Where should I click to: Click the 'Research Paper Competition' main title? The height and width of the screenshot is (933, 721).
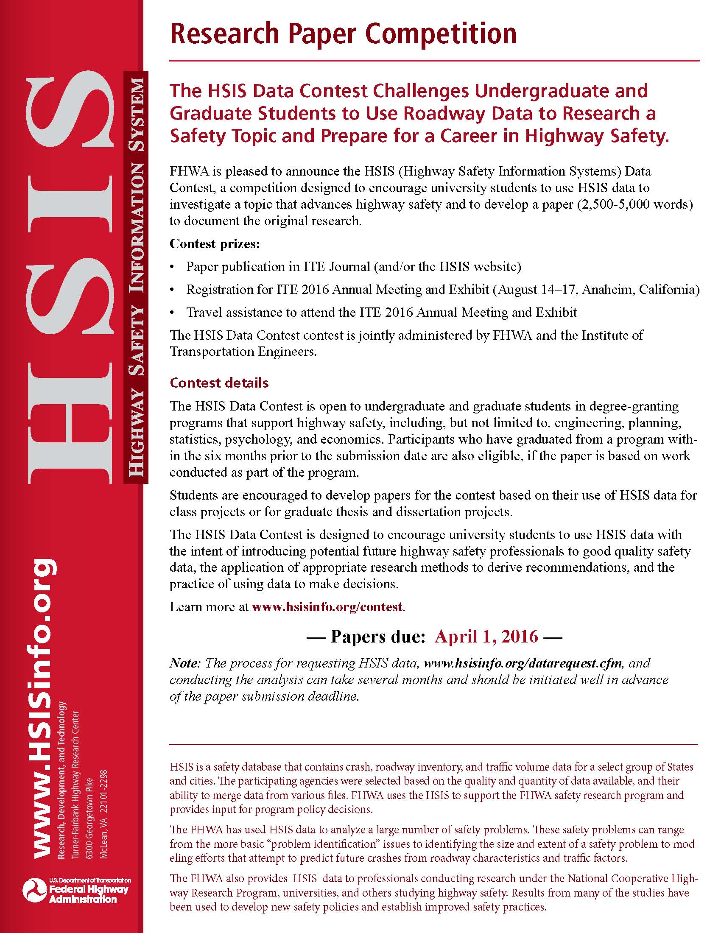pos(343,34)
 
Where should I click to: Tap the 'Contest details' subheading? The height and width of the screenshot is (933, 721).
pos(219,383)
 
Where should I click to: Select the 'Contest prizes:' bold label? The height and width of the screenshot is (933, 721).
pos(215,244)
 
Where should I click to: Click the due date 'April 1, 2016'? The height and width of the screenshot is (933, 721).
pos(486,637)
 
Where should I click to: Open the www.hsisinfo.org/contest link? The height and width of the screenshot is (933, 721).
pos(327,606)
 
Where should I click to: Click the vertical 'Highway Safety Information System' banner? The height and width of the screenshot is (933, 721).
pos(136,278)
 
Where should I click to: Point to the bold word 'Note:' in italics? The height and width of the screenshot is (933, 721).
pos(185,663)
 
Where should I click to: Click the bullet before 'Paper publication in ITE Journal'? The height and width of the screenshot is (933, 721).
pos(172,267)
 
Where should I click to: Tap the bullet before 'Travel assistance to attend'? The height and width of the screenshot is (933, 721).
pos(172,313)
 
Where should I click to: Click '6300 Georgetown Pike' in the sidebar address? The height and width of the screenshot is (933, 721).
pos(89,815)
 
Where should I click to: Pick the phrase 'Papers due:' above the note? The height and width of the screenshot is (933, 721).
pos(377,637)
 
